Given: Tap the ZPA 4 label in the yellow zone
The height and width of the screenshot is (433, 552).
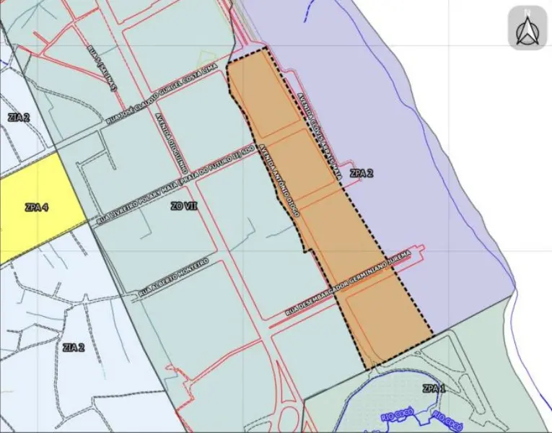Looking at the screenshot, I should tap(36, 208).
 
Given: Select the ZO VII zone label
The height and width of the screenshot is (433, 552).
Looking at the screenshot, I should tap(184, 206).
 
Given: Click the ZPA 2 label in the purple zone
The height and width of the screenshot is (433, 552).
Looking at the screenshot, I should tap(362, 174).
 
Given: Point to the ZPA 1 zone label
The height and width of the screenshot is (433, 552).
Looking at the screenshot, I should tap(435, 389).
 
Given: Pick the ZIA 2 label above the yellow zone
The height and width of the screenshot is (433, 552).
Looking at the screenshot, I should tap(19, 117).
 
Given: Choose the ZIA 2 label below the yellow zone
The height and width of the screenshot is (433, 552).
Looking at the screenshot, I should tap(74, 347).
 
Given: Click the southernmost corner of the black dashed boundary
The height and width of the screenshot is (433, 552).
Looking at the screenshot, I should tap(367, 369).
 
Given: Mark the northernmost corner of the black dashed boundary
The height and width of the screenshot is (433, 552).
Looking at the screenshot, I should tap(266, 48).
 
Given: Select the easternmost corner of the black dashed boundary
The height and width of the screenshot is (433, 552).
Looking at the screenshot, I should tap(433, 334).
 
